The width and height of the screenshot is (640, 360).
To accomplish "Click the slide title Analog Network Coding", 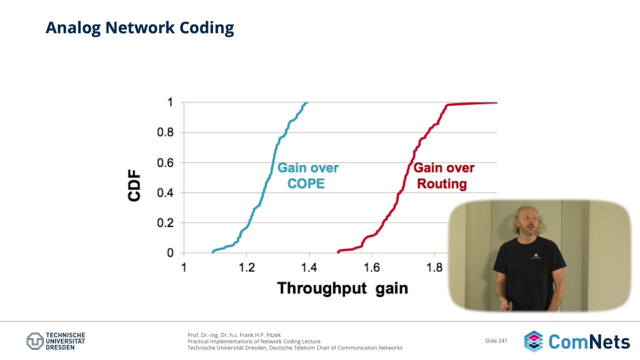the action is coord(139,28).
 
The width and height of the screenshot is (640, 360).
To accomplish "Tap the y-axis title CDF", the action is coord(134,185).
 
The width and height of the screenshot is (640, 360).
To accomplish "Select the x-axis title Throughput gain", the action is coord(342,288).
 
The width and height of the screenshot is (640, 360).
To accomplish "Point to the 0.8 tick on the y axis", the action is coord(165,132).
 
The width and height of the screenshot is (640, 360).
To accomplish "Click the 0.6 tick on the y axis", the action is coord(165,162).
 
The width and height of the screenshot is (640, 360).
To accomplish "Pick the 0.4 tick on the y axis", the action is coord(165,193).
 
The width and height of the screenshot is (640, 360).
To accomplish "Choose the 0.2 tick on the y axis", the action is coord(165,223).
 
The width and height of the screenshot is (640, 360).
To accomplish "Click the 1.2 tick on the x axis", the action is coord(246,267).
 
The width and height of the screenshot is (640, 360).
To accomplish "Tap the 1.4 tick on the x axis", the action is coord(309,267).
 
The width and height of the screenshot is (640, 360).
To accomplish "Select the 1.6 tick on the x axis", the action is coord(371,267).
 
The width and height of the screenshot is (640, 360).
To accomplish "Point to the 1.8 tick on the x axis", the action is coord(434,267).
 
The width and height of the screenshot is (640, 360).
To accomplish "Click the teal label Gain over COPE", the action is coord(307,175).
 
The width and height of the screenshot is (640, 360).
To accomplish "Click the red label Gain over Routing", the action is coord(443,175).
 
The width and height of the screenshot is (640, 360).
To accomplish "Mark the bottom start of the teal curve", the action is coord(213,252).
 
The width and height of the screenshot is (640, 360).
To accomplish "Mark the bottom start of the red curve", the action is coord(338,251).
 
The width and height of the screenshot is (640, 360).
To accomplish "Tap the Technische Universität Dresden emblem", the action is coord(35,341).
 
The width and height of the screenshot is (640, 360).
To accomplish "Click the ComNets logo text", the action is coord(589,341).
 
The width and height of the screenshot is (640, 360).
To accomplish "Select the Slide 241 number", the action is coord(496,340).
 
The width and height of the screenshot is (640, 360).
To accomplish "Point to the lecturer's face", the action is coord(529,224).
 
